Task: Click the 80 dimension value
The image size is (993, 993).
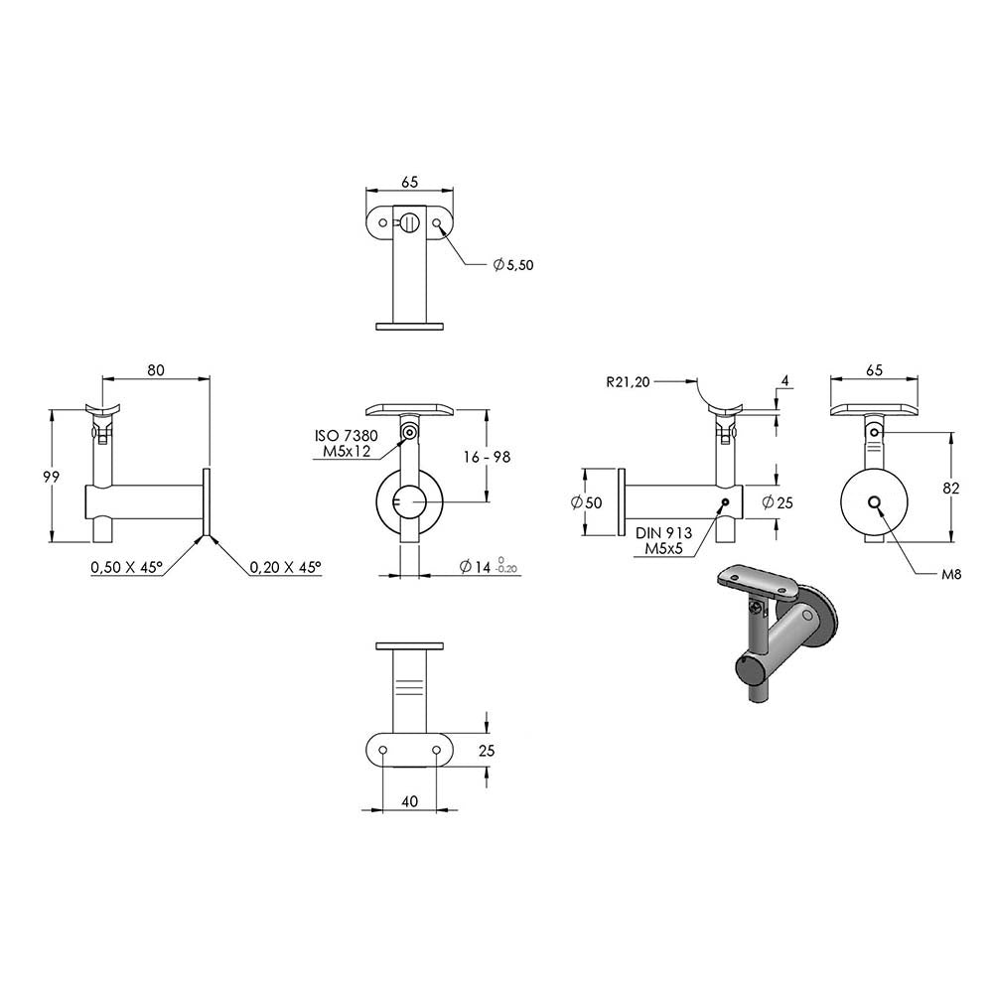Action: point(156,369)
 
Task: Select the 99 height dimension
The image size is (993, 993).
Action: point(52,477)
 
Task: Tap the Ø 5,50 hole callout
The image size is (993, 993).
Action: point(513,265)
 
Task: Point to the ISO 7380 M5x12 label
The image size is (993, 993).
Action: point(347,443)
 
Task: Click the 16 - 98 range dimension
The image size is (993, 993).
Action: point(487,457)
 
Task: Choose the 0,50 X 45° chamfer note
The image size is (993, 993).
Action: point(127,567)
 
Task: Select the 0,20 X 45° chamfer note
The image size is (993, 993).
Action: point(286,567)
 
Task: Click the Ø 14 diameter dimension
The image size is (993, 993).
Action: point(489,566)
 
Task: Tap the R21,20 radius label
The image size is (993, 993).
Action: point(629,382)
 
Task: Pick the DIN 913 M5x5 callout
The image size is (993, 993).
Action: point(663,541)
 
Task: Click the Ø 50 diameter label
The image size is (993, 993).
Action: point(587,502)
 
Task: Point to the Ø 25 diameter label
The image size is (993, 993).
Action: point(778,502)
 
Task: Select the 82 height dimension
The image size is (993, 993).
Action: point(950,488)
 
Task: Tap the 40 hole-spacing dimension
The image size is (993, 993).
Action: point(410,801)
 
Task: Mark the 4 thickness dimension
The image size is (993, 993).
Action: point(785,381)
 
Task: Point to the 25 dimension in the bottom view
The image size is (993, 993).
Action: point(487,751)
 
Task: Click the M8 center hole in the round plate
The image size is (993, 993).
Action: point(875,502)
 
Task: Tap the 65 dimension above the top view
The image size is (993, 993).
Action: point(410,182)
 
